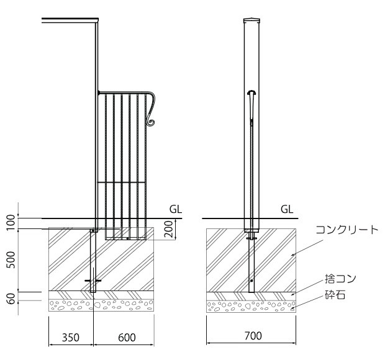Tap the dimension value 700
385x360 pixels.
(251, 336)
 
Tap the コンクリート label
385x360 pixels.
(346, 230)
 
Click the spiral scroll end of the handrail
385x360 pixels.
(150, 124)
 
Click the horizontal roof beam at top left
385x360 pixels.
(68, 22)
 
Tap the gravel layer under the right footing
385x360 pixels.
(251, 305)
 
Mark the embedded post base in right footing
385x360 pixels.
(251, 261)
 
